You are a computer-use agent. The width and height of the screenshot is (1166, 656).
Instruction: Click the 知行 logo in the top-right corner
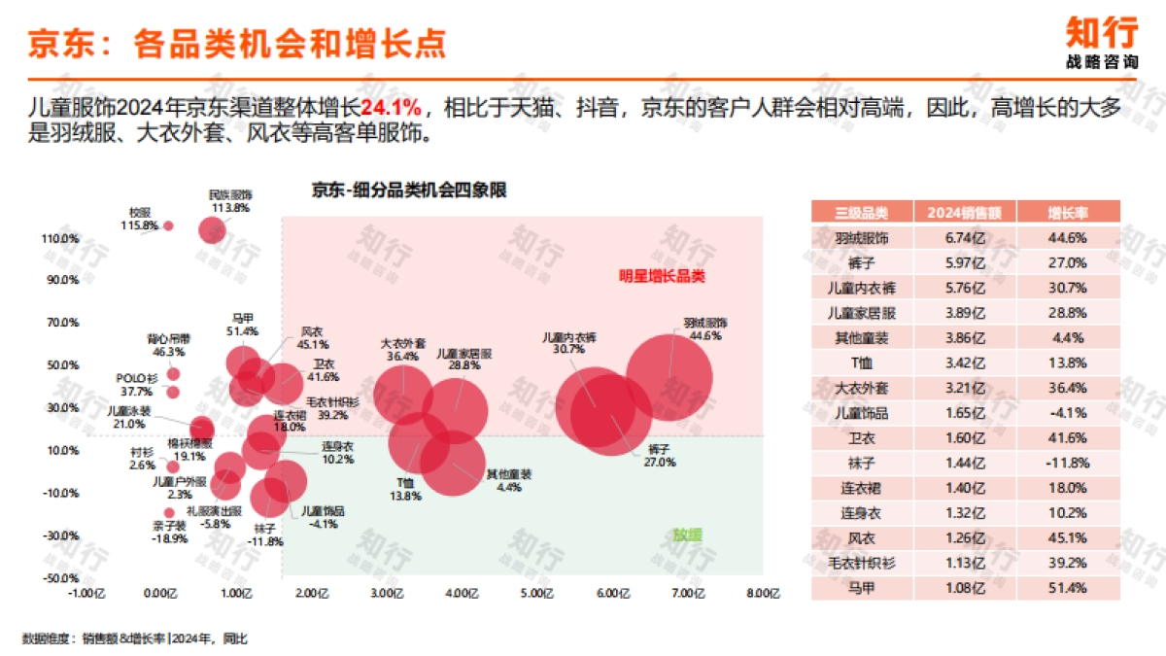tap(1101, 43)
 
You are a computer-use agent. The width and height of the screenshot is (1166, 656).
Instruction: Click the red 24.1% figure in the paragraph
tap(393, 107)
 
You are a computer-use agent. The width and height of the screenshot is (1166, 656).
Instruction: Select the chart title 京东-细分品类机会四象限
tap(409, 190)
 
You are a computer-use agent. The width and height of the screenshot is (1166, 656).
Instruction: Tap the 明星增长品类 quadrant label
tap(662, 276)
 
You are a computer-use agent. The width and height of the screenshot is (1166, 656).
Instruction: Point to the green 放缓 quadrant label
tap(688, 534)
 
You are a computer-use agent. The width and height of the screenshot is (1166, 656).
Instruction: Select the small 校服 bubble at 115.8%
tap(168, 225)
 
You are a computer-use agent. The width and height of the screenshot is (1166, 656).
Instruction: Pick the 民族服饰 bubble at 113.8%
tap(213, 230)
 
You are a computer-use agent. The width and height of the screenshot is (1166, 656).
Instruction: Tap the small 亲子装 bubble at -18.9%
tap(169, 512)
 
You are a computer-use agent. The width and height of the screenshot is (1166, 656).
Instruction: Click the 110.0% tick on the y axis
tap(60, 238)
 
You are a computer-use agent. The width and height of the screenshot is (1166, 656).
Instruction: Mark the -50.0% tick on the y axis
tap(60, 578)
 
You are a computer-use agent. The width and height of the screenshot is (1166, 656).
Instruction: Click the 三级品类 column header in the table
tap(861, 212)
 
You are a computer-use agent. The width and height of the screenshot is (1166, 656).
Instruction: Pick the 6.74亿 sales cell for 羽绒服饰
tap(965, 237)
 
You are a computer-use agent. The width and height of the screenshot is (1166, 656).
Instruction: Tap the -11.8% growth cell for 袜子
tap(1066, 463)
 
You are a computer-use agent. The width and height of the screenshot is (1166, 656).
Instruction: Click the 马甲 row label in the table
tap(861, 588)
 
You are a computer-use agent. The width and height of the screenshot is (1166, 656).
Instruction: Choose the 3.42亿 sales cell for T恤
tap(965, 363)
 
